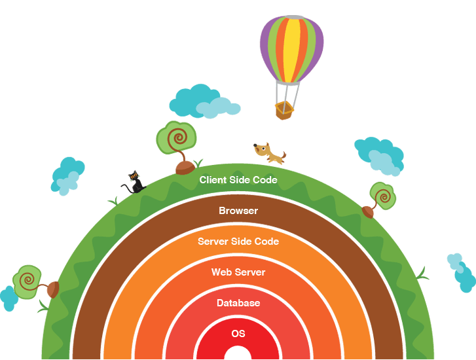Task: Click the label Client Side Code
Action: pyautogui.click(x=238, y=180)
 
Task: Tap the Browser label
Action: pyautogui.click(x=238, y=211)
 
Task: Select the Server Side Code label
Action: pyautogui.click(x=238, y=242)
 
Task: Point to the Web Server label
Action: pyautogui.click(x=238, y=272)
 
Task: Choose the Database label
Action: pyautogui.click(x=238, y=303)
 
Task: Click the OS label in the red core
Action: pyautogui.click(x=238, y=334)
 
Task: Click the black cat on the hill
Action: pyautogui.click(x=134, y=183)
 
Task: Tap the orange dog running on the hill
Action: pyautogui.click(x=270, y=154)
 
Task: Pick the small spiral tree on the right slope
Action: pyautogui.click(x=380, y=198)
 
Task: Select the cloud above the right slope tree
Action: pyautogui.click(x=378, y=156)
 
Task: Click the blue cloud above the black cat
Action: pyautogui.click(x=67, y=175)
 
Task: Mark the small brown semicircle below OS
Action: pyautogui.click(x=238, y=353)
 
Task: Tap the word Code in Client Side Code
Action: pyautogui.click(x=265, y=180)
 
